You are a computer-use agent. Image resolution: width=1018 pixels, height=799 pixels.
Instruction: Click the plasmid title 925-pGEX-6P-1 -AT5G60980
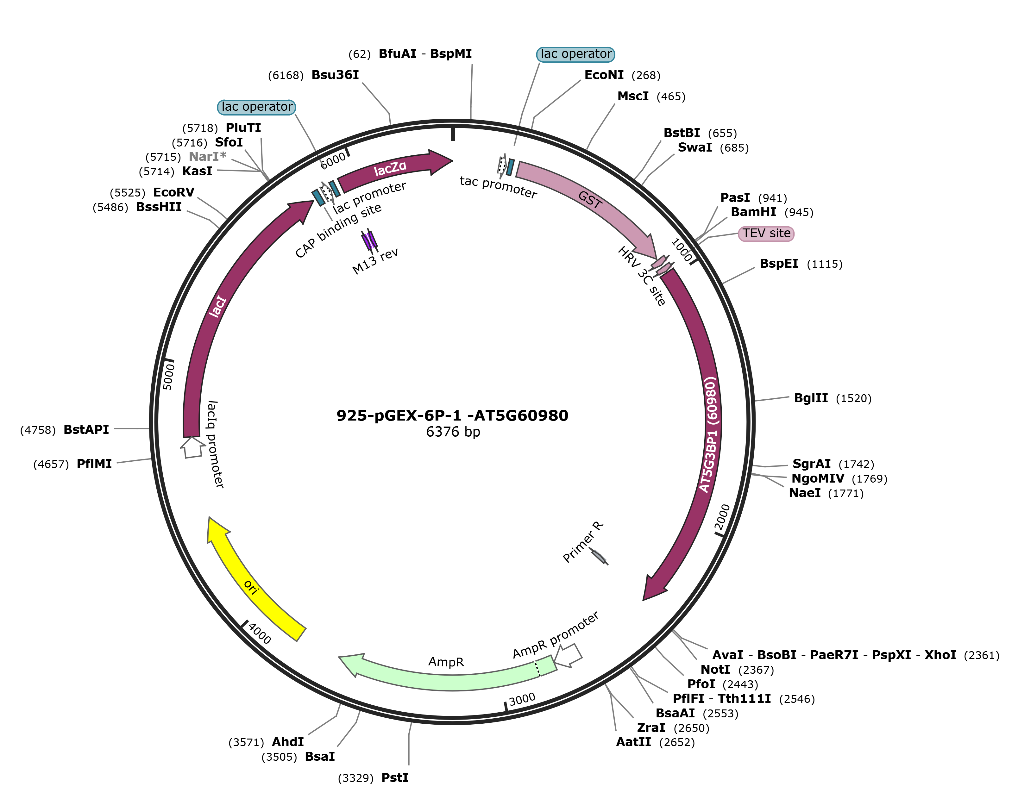coord(452,415)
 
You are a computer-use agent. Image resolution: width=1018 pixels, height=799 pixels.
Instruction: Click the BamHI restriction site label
coord(753,212)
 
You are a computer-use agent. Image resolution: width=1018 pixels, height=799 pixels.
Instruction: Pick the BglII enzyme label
coord(811,398)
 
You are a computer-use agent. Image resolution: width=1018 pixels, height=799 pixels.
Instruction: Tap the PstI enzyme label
coord(395,777)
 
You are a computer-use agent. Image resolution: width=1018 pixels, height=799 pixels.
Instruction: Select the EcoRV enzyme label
coord(173,192)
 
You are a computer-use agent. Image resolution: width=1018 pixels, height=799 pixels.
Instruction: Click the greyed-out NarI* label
coord(207,157)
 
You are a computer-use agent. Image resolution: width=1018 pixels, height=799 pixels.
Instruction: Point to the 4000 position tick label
coord(260,634)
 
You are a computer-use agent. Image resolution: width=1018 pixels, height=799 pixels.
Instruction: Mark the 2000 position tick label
coord(723,517)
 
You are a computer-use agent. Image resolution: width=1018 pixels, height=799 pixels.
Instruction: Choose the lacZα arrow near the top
coord(393,168)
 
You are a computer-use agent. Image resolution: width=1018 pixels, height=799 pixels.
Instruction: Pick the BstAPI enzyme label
coord(86,429)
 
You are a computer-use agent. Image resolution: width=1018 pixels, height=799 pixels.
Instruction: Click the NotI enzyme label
coord(715,670)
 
